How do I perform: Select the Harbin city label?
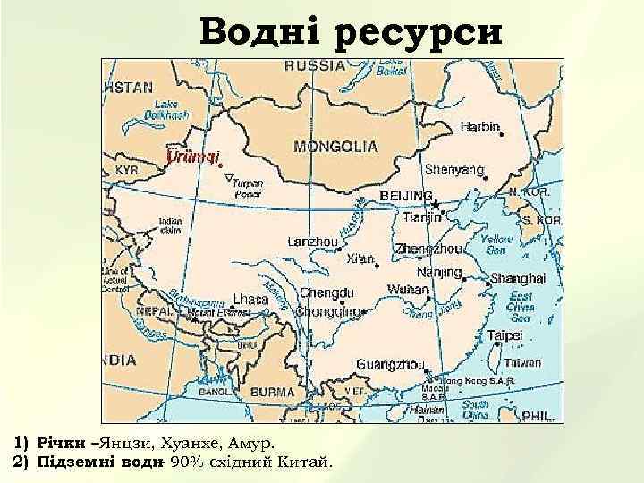pos(480,127)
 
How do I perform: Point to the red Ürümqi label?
pos(193,157)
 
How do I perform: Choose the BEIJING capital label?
pos(406,196)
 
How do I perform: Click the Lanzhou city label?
pos(313,241)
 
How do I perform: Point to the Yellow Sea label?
pos(496,245)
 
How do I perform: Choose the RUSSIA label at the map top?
pos(315,65)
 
